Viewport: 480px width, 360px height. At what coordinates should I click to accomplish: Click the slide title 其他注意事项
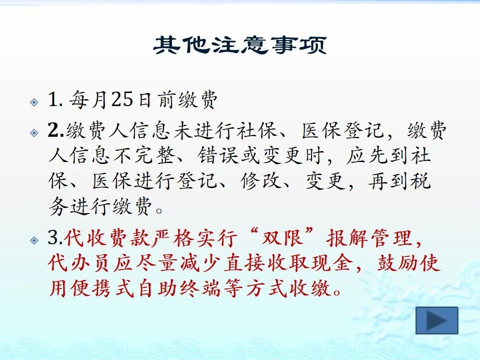pos(240,45)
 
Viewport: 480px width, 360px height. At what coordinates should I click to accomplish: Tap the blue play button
pos(437,320)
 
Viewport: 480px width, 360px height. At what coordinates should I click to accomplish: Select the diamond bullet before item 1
pos(34,102)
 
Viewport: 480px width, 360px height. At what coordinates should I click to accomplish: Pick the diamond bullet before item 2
pos(34,133)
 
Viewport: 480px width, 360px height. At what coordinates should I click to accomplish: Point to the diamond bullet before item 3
pos(34,240)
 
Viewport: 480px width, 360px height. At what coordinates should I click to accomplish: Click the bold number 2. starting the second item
pos(56,130)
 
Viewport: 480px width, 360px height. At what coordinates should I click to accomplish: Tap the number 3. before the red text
pos(55,237)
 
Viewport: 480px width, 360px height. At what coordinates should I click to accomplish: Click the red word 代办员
pos(78,263)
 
